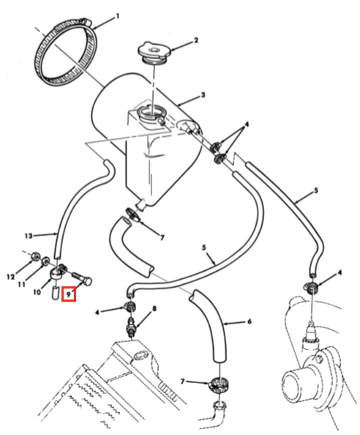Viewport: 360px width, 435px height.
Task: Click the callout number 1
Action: coord(118,17)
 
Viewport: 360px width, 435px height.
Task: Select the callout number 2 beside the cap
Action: coord(196,40)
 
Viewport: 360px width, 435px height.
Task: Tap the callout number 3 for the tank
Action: coord(203,95)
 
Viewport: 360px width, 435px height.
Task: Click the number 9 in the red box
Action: coord(69,294)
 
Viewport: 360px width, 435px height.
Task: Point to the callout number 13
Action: coord(29,236)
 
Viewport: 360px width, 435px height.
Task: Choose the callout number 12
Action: coord(10,277)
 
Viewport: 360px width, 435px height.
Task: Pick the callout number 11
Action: coord(22,284)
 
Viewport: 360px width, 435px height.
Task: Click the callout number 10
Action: coord(37,292)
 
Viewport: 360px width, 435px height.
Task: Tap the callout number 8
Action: coord(154,308)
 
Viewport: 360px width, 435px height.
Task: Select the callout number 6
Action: coord(249,321)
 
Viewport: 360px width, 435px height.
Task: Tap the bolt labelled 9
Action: coord(82,278)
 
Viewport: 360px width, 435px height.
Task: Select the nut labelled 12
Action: coord(35,256)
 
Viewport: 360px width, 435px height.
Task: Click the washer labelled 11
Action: coord(45,261)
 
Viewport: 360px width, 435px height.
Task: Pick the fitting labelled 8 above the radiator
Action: coord(130,327)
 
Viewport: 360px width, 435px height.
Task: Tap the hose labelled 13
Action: coord(63,214)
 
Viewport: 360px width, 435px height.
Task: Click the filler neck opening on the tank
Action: coord(152,113)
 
